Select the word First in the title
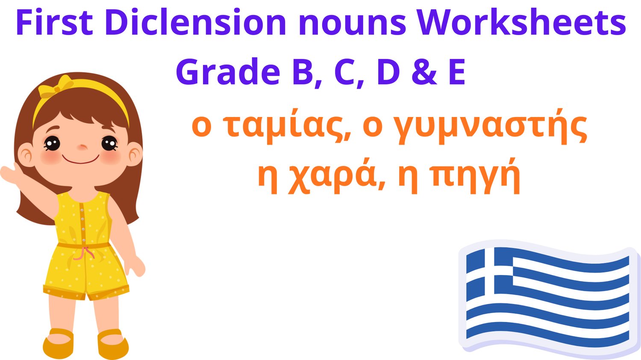click(55, 22)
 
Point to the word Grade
click(227, 71)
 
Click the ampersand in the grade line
click(424, 71)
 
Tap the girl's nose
click(83, 148)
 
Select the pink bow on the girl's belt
click(84, 252)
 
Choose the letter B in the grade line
click(303, 71)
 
